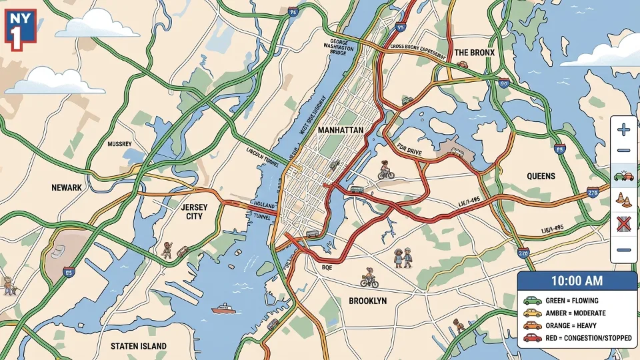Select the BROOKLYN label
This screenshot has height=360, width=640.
click(367, 301)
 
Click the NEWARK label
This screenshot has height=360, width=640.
click(66, 188)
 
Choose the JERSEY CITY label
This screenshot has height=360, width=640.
click(195, 212)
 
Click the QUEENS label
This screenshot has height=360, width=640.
click(541, 176)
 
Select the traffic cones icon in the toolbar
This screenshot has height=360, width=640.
click(624, 199)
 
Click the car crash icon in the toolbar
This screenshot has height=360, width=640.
click(624, 176)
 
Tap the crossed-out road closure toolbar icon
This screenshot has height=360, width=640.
click(624, 225)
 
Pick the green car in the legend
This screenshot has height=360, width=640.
click(531, 301)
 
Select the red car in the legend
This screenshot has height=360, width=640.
click(531, 338)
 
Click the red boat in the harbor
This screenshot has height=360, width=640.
click(223, 309)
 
